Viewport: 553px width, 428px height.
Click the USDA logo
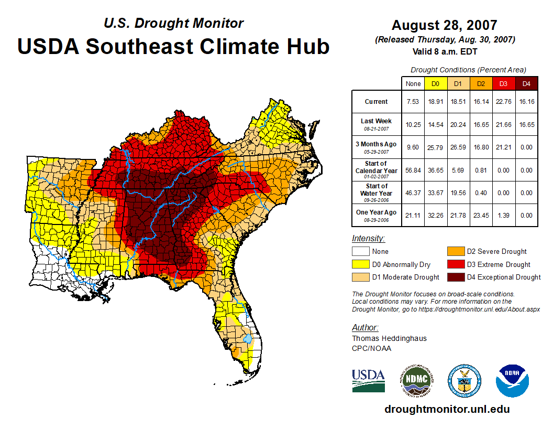368,380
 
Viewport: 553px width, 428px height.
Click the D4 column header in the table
527,83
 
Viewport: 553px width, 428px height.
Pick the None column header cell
413,83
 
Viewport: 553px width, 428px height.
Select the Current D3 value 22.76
504,102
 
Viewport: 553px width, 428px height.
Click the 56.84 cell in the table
413,170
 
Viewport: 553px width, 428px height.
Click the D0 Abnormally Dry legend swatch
360,264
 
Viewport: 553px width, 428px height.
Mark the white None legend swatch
360,252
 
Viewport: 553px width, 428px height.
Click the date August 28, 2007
444,25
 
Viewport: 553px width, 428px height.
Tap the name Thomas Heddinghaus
389,338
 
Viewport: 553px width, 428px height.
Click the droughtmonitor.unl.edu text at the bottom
447,409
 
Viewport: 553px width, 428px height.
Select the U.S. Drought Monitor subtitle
173,23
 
